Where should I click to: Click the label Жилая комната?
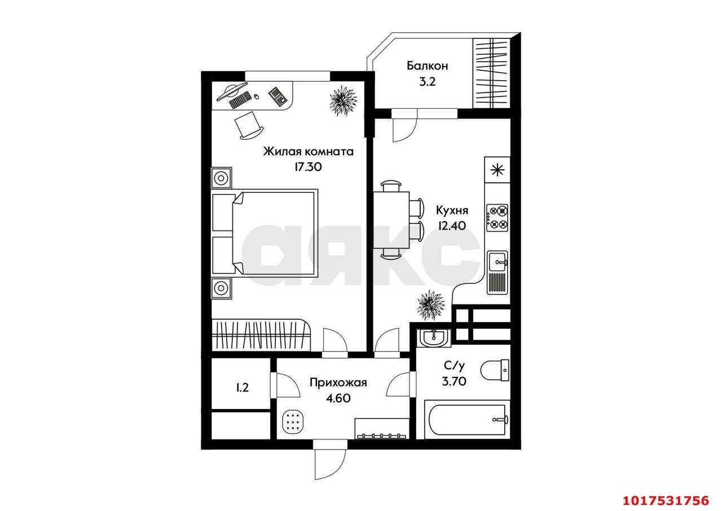click(x=308, y=151)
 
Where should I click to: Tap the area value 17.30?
click(x=308, y=167)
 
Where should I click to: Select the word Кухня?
click(x=452, y=210)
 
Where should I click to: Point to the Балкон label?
click(x=428, y=66)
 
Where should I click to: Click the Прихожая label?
click(x=338, y=382)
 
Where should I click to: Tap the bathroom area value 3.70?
click(x=454, y=381)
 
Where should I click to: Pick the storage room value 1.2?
click(x=243, y=387)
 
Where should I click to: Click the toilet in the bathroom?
click(x=495, y=370)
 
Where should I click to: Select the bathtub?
click(x=467, y=419)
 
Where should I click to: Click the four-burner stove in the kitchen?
click(x=498, y=218)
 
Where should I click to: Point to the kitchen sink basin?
click(x=498, y=262)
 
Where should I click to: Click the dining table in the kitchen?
click(x=391, y=220)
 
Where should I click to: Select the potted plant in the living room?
click(x=344, y=101)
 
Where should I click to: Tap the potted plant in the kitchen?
click(x=430, y=305)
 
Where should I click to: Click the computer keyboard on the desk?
click(x=240, y=100)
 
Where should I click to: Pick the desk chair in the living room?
click(x=249, y=126)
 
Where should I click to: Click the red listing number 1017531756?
click(x=665, y=500)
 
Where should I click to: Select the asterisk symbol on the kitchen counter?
click(x=498, y=170)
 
